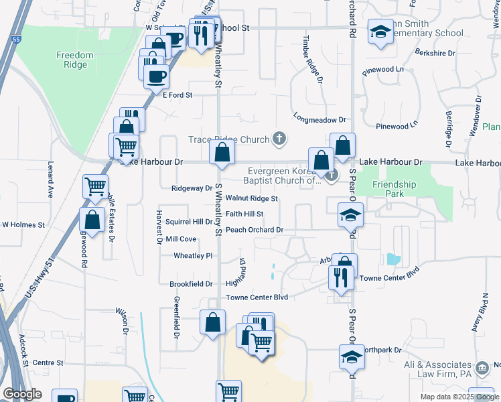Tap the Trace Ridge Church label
pyautogui.click(x=228, y=139)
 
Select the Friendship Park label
pyautogui.click(x=395, y=189)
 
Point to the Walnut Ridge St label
pyautogui.click(x=251, y=198)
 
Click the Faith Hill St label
pyautogui.click(x=244, y=214)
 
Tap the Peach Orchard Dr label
pyautogui.click(x=255, y=230)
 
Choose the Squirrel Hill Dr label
pyautogui.click(x=189, y=222)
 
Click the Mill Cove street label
pyautogui.click(x=181, y=239)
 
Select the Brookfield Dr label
pyautogui.click(x=191, y=284)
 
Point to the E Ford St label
pyautogui.click(x=177, y=95)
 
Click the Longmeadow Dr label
pyautogui.click(x=319, y=120)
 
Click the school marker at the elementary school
pyautogui.click(x=380, y=32)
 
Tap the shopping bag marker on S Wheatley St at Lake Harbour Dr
pyautogui.click(x=222, y=152)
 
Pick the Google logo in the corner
pyautogui.click(x=22, y=394)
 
